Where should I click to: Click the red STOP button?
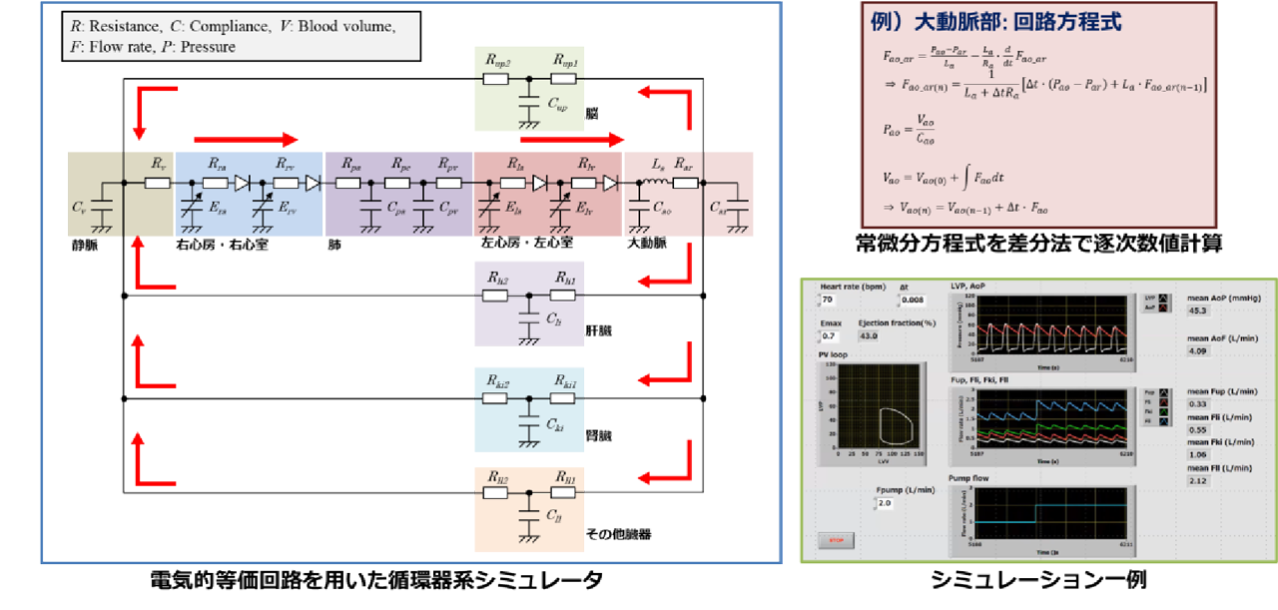[836, 540]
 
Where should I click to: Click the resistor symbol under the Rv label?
[158, 183]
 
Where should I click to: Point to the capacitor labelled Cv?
[101, 207]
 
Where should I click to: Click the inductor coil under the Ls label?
[658, 183]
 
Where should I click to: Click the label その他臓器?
[618, 534]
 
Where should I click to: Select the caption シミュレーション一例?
[1037, 580]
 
